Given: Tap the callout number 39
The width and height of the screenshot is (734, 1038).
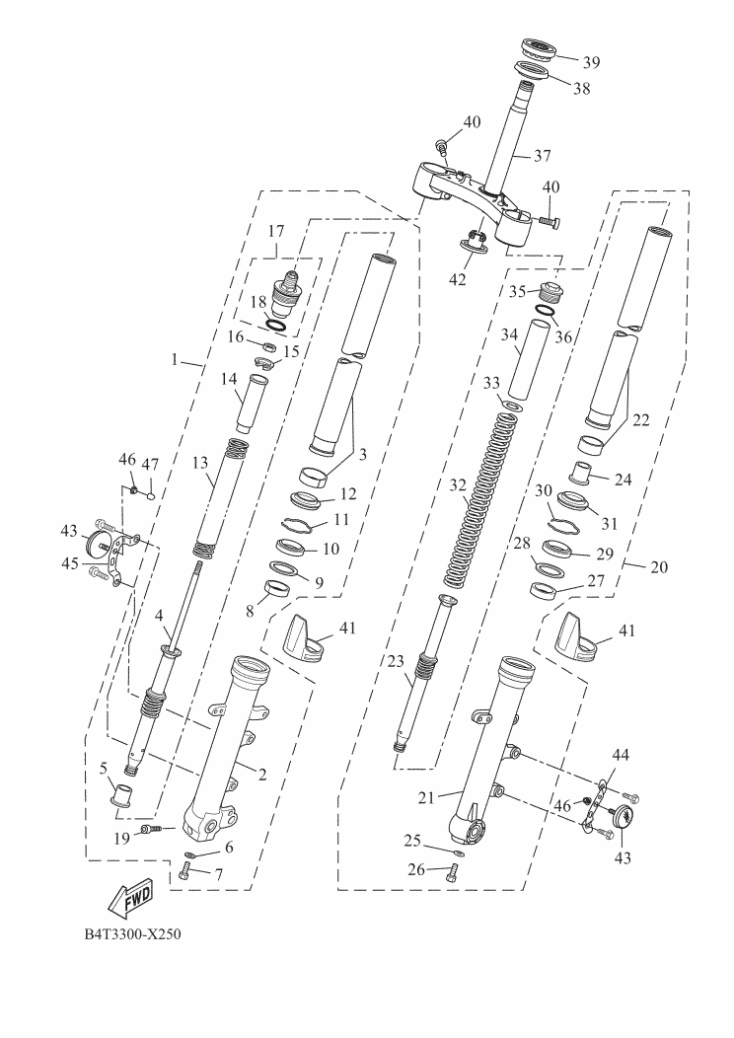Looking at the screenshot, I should click(x=590, y=62).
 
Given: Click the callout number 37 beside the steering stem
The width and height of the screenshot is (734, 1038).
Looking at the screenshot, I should click(x=543, y=156).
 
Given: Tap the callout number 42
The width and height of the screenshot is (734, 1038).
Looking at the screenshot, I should click(x=456, y=279).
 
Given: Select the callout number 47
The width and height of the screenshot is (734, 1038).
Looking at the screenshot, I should click(x=151, y=464).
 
